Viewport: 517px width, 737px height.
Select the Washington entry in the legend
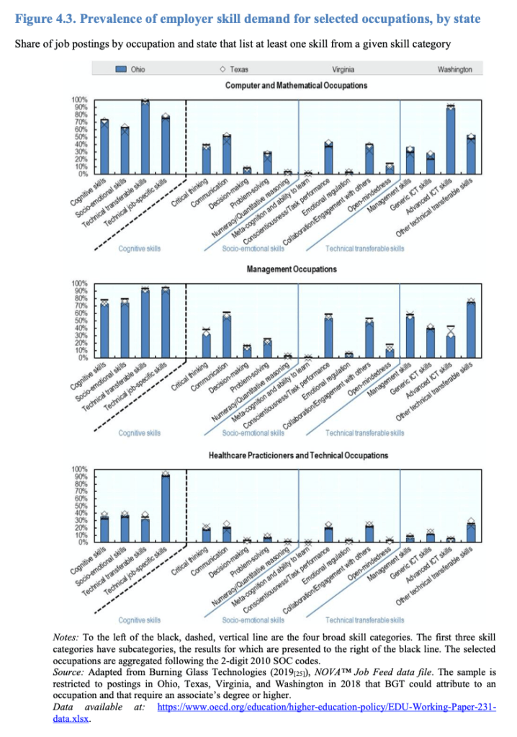pyautogui.click(x=454, y=69)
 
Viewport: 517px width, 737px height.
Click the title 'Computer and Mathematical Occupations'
pyautogui.click(x=296, y=85)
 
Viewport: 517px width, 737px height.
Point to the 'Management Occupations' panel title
pyautogui.click(x=292, y=269)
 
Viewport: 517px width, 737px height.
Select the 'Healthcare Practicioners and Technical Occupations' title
pyautogui.click(x=298, y=455)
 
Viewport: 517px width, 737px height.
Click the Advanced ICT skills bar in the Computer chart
pyautogui.click(x=451, y=140)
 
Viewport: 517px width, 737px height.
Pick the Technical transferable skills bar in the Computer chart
pyautogui.click(x=145, y=138)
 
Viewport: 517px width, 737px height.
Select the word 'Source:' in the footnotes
pyautogui.click(x=71, y=669)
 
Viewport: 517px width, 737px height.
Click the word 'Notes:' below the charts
pyautogui.click(x=68, y=638)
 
